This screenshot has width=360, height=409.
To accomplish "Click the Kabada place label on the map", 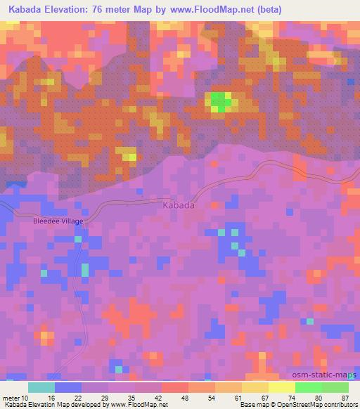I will [x=179, y=206].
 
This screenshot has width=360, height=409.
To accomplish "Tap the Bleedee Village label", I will [x=58, y=221].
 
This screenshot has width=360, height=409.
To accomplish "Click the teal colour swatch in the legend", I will [x=41, y=388].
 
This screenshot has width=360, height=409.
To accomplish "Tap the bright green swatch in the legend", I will [x=309, y=388].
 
